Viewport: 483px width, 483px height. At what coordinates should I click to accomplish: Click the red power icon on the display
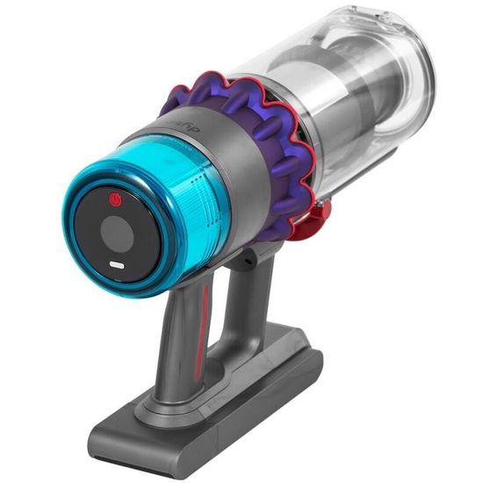click(113, 202)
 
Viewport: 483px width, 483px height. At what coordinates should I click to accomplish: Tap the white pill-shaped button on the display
click(115, 265)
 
